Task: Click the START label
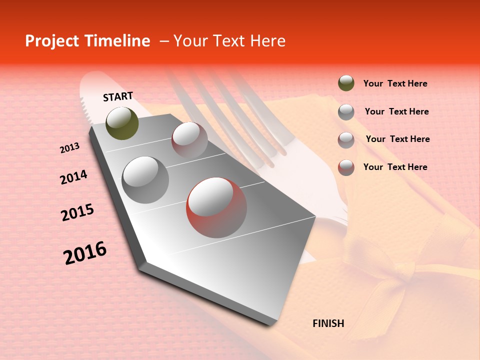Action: [x=118, y=96]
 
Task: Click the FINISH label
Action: [x=328, y=323]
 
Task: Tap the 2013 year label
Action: [x=69, y=148]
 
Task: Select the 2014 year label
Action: [x=73, y=177]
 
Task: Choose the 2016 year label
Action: [x=85, y=252]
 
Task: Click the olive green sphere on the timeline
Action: [x=122, y=123]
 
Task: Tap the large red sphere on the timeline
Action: [x=216, y=207]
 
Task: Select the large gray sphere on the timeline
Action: [x=145, y=179]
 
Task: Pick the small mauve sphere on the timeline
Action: [x=189, y=139]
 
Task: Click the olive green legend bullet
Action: [x=346, y=83]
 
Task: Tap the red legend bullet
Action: [x=346, y=167]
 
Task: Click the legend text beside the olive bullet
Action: [x=395, y=84]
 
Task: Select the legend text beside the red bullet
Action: [x=395, y=167]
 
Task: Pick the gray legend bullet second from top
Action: [x=346, y=112]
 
